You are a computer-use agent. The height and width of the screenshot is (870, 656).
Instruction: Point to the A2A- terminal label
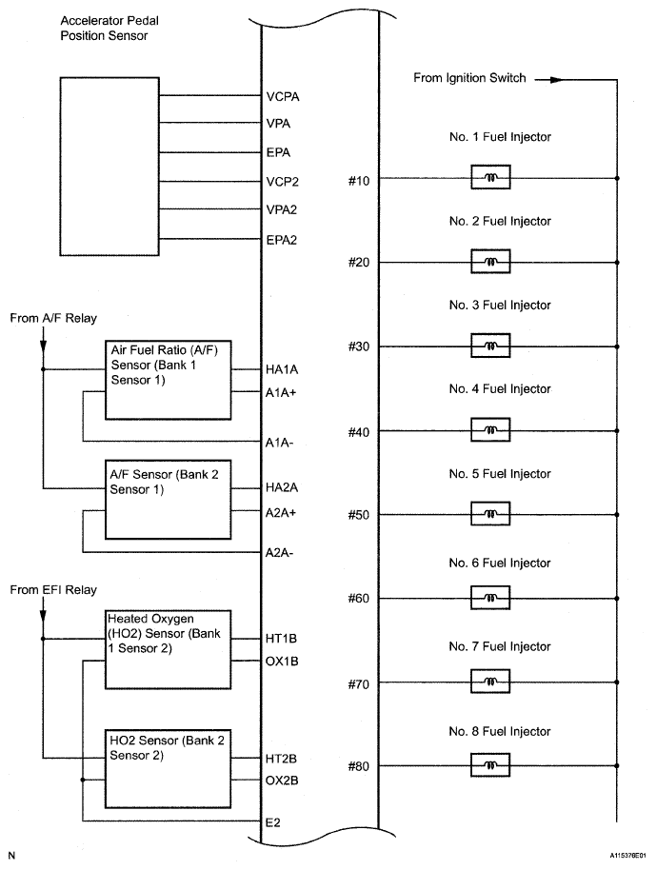tap(282, 552)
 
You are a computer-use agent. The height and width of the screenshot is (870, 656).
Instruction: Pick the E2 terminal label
tap(274, 821)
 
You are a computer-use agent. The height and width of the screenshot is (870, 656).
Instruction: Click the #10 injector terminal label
tap(360, 179)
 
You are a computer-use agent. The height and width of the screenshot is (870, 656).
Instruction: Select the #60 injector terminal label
tap(360, 599)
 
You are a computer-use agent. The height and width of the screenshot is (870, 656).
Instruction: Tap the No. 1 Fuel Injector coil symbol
tap(490, 178)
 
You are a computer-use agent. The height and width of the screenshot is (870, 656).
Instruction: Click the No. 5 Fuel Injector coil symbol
tap(490, 514)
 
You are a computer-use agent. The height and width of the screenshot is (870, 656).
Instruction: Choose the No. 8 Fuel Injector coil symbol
tap(490, 766)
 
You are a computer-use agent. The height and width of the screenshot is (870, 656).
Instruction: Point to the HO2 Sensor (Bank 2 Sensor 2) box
tap(168, 767)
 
